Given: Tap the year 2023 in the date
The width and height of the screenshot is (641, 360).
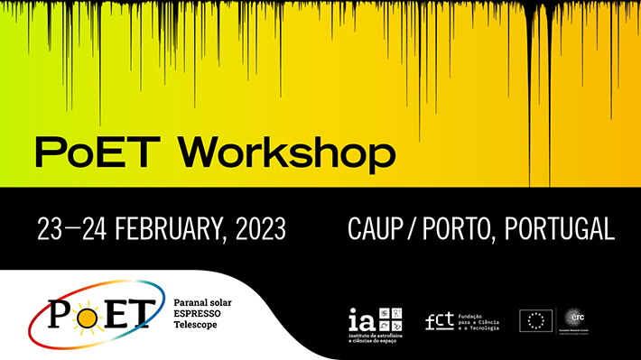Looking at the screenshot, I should coord(260,229).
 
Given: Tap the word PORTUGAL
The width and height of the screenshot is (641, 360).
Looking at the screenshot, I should coord(560,229).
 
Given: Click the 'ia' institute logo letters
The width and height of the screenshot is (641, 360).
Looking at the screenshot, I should coord(359,318).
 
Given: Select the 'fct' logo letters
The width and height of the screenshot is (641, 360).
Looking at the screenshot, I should coord(440,320).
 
